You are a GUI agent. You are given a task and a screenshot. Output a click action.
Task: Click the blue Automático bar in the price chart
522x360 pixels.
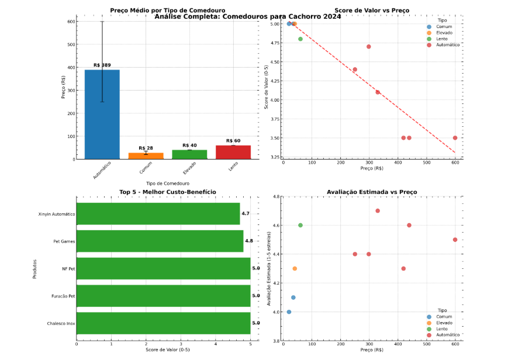click(x=102, y=115)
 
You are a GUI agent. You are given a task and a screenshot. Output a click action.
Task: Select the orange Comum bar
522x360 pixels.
click(x=146, y=155)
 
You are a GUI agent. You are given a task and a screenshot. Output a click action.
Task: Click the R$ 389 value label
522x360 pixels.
click(x=102, y=65)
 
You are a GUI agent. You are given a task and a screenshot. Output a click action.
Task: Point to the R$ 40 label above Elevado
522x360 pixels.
click(x=189, y=146)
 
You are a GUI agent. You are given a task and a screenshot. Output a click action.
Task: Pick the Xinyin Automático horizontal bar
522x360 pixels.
click(x=158, y=214)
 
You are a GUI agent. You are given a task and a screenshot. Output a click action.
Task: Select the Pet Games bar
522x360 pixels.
click(x=160, y=241)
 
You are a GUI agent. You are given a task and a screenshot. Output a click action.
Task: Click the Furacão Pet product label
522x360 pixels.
click(x=63, y=296)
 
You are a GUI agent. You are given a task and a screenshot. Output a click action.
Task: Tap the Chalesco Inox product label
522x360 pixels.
click(x=61, y=323)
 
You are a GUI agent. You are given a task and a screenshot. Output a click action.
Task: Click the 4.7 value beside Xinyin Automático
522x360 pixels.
click(x=246, y=214)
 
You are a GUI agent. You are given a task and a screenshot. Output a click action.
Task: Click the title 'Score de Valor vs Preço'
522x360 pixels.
click(x=372, y=11)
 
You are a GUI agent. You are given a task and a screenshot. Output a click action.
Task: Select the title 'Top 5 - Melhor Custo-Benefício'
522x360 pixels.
click(x=167, y=192)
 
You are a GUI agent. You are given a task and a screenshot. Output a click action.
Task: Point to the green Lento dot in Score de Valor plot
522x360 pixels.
click(x=300, y=39)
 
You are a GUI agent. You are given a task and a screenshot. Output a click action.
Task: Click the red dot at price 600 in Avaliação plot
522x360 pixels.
click(x=455, y=240)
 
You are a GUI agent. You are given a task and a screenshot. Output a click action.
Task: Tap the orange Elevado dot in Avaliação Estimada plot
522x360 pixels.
click(x=295, y=269)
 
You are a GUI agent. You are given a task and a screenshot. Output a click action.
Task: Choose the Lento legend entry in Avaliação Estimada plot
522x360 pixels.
click(x=441, y=329)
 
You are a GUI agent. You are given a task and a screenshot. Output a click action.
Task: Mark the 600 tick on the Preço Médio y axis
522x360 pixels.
click(x=71, y=22)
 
